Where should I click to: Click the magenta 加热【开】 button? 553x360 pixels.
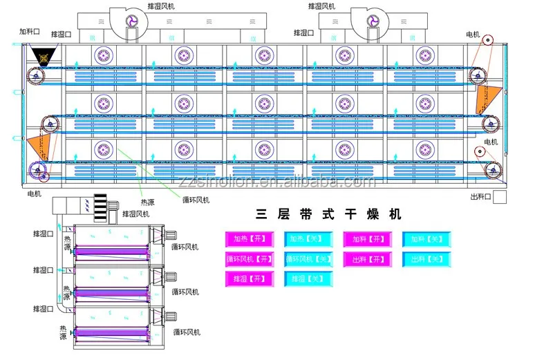coord(250,239)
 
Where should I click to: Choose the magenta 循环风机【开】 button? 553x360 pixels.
coord(250,259)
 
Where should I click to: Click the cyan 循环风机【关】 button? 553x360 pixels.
coord(309,259)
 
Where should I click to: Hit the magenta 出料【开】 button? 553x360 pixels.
coord(367,259)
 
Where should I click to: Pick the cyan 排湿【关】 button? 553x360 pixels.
coord(309,279)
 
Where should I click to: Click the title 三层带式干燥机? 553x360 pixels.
coord(329,214)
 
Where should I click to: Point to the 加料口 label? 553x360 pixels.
coord(30,31)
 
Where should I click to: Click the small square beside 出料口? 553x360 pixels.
coord(500,197)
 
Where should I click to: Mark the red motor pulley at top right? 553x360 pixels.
coord(489,39)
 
